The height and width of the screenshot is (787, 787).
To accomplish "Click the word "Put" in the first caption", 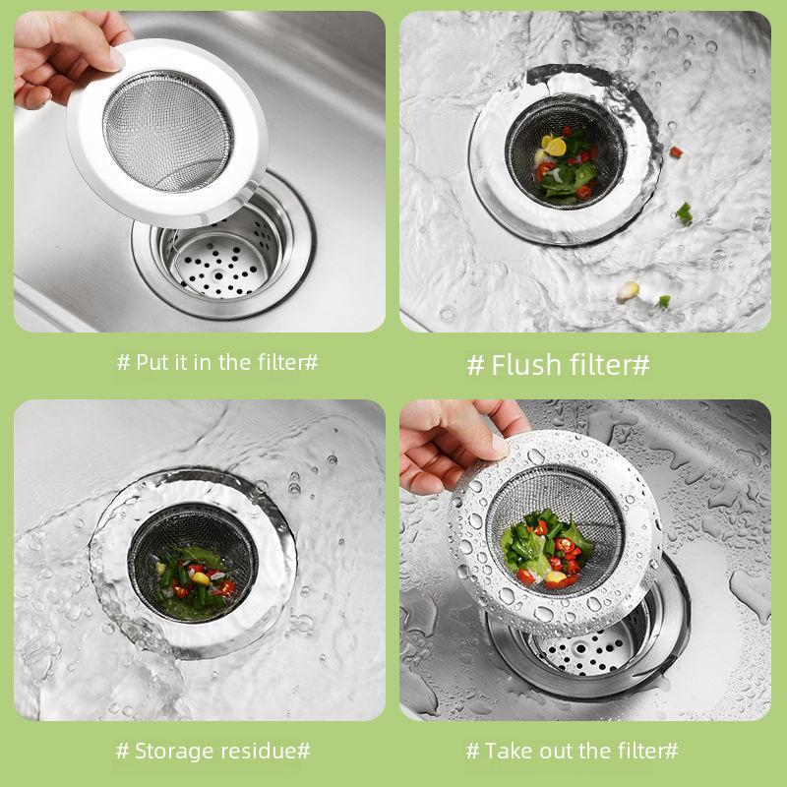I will [153, 362].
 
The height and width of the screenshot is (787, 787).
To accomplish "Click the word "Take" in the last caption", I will [508, 752].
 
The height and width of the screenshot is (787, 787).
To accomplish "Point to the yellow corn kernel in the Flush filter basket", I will [556, 146].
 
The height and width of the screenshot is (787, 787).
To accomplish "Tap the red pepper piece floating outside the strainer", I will [676, 151].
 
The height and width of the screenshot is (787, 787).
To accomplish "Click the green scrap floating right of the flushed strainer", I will [684, 212].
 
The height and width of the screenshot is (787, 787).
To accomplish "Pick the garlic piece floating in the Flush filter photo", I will [628, 290].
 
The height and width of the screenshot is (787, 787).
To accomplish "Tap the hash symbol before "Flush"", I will [475, 366].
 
